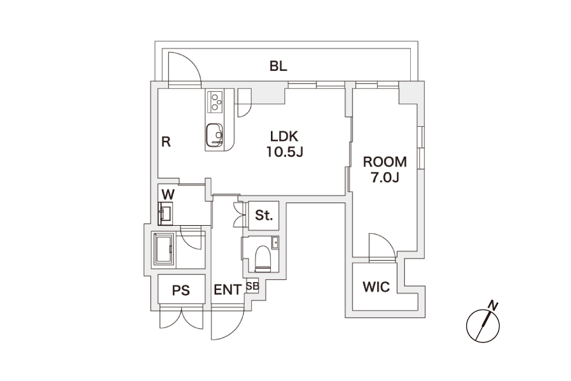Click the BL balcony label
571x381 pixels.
pos(279,66)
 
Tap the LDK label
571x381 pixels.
pos(284,136)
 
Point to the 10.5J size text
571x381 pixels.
pos(285,152)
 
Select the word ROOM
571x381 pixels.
pos(385,162)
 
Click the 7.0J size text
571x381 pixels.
pos(385,178)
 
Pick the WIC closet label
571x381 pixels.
pos(376,287)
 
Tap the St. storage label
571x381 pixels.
pos(264,215)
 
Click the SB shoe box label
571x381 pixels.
pos(252,286)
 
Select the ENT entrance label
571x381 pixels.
pos(227,290)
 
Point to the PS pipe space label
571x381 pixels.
pos(181,290)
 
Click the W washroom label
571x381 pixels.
pos(168,194)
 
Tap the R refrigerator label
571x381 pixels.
pos(165,142)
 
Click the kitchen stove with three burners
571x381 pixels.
pos(215,102)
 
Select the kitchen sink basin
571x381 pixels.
pos(214,135)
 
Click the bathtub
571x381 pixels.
pos(164,249)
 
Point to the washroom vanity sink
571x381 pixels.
pos(165,213)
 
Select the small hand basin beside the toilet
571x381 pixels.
pos(275,242)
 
